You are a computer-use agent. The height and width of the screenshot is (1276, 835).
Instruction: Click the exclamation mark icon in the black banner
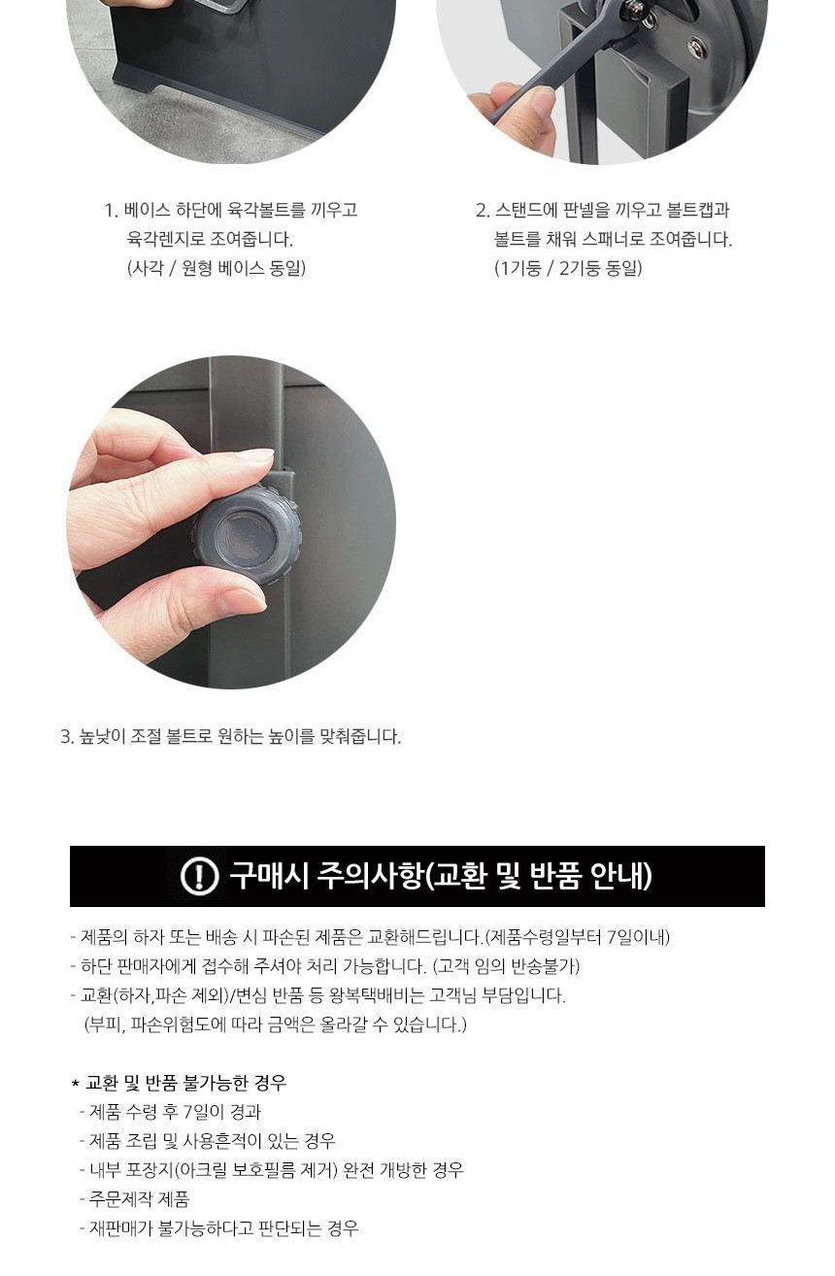tap(199, 876)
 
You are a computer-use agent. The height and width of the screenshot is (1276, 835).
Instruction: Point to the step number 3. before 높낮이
tap(67, 736)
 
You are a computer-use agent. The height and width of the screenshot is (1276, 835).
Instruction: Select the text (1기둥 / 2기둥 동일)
tap(568, 268)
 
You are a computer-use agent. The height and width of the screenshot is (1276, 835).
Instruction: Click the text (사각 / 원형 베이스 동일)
tap(216, 268)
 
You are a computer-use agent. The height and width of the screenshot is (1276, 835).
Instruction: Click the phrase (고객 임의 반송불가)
tap(506, 965)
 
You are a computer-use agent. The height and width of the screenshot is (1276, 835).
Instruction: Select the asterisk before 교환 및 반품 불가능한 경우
tap(75, 1084)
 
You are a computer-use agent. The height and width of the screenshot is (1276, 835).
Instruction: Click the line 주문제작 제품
tap(139, 1199)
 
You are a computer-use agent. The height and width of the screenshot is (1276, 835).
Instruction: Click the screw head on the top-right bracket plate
tap(695, 48)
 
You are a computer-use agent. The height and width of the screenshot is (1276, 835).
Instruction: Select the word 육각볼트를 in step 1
tap(266, 210)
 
